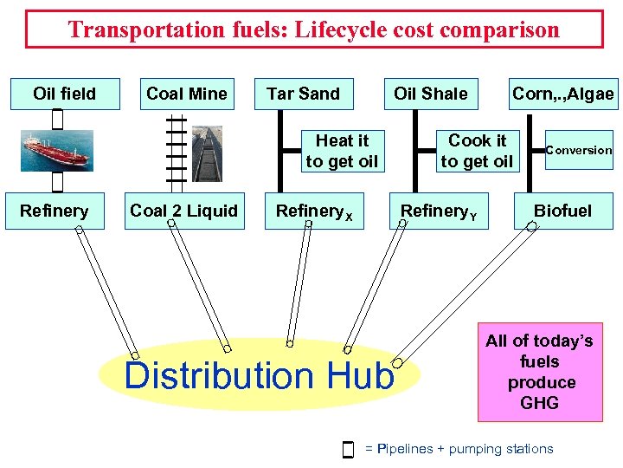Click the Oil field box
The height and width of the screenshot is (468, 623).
[x=65, y=94]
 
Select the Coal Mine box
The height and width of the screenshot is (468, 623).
[x=187, y=94]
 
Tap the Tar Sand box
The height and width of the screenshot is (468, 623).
[x=304, y=94]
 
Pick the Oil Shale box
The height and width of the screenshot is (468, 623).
[x=430, y=94]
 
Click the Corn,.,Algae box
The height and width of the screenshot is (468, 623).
[x=563, y=94]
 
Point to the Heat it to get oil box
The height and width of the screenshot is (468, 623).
[x=342, y=151]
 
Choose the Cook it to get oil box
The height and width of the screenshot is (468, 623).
[x=477, y=151]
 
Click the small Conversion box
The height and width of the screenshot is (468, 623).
[x=578, y=150]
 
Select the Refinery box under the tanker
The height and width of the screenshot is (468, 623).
[x=55, y=211]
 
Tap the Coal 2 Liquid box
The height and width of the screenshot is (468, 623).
[x=183, y=211]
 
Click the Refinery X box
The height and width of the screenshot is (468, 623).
[x=313, y=211]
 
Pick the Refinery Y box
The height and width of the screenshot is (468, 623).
[x=440, y=211]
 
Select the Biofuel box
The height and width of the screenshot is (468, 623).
[x=562, y=211]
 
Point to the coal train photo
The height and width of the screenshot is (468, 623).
[x=207, y=153]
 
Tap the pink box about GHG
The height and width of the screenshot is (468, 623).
[x=539, y=372]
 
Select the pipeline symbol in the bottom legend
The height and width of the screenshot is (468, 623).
[x=348, y=449]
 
